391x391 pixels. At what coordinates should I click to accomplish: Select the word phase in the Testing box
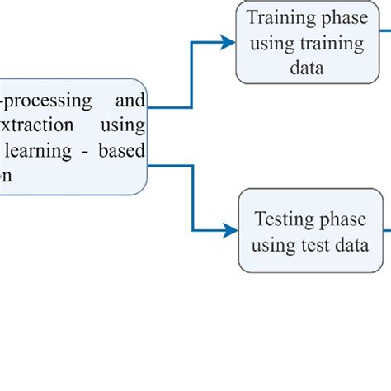(341, 219)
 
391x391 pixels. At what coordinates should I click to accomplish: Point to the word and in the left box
(130, 101)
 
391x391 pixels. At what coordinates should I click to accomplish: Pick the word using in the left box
(125, 125)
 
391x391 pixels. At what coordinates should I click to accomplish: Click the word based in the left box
(125, 151)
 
